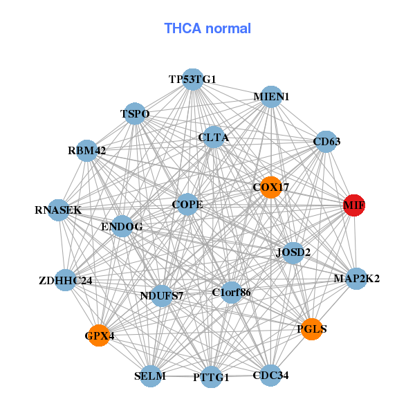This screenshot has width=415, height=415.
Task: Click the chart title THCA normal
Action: pyautogui.click(x=207, y=28)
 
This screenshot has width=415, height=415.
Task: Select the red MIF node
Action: pyautogui.click(x=353, y=205)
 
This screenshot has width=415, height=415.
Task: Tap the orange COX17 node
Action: pyautogui.click(x=270, y=187)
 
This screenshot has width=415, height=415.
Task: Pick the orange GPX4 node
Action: pyautogui.click(x=99, y=335)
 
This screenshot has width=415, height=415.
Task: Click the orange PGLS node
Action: pyautogui.click(x=313, y=329)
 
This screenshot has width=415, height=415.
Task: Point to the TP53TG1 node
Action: pyautogui.click(x=193, y=80)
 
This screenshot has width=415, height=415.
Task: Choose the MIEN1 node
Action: pyautogui.click(x=271, y=97)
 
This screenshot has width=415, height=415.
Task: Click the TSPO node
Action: pyautogui.click(x=135, y=113)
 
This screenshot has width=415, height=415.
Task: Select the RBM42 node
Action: pyautogui.click(x=86, y=150)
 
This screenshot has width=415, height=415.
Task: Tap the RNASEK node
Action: pyautogui.click(x=58, y=210)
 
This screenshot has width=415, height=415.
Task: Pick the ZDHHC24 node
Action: pyautogui.click(x=65, y=281)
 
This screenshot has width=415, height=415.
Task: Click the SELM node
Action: pyautogui.click(x=150, y=376)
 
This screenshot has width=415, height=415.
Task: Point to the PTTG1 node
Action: pyautogui.click(x=212, y=378)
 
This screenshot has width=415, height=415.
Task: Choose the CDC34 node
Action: pyautogui.click(x=270, y=376)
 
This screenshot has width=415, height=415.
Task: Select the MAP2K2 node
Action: pyautogui.click(x=356, y=279)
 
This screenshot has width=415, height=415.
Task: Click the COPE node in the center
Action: pyautogui.click(x=187, y=205)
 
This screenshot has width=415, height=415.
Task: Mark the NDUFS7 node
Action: pyautogui.click(x=162, y=296)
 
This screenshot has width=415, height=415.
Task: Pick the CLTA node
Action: pyautogui.click(x=213, y=138)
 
